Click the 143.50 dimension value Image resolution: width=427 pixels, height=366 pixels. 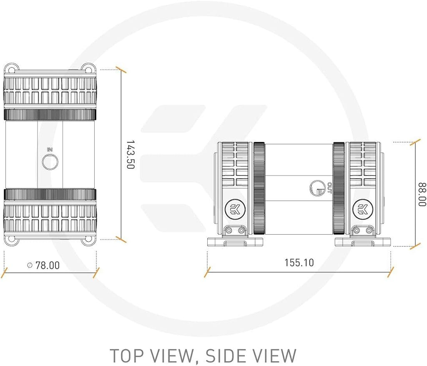coord(131,155)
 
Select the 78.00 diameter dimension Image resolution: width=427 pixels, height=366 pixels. coord(43,265)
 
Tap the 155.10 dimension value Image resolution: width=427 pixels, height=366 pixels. coord(299,263)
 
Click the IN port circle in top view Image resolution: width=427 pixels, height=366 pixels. coord(50,162)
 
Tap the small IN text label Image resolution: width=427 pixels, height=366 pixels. coord(50,150)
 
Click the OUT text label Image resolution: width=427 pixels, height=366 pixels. coord(329,188)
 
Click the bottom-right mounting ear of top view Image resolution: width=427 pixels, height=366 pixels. coord(88,239)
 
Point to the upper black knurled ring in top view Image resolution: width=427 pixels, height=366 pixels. coord(50,115)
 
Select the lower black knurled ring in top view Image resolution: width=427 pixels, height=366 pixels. coord(50,194)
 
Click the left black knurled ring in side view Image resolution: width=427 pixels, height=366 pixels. coord(259,188)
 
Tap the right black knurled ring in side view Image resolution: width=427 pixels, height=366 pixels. coord(339,188)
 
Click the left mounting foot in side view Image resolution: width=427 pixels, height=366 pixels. coord(235,241)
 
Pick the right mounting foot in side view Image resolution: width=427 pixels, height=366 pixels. coord(363,241)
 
